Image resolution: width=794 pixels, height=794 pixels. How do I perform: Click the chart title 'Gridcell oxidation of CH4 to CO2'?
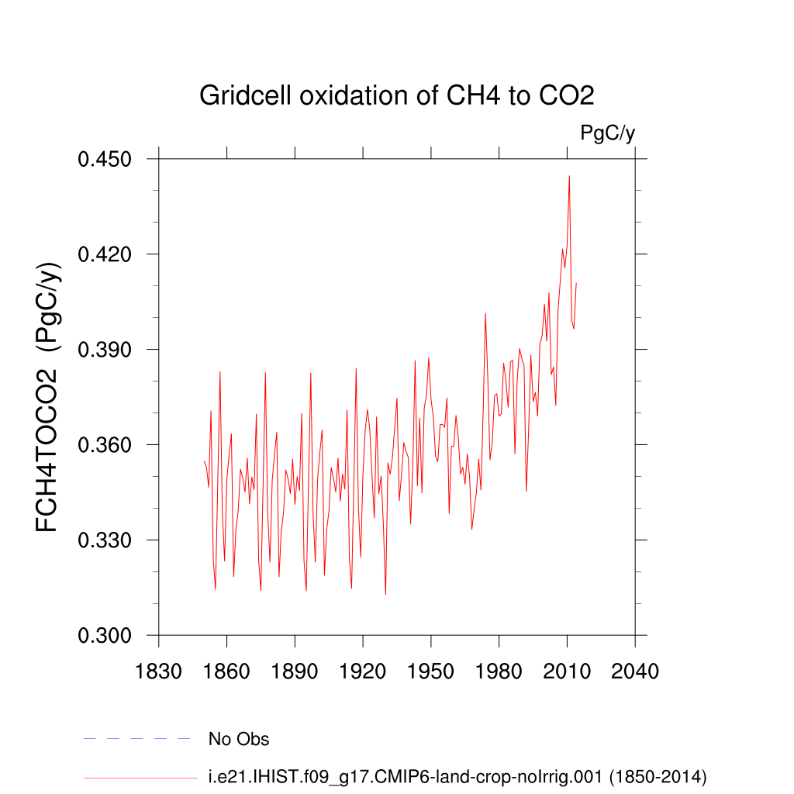pos(396,95)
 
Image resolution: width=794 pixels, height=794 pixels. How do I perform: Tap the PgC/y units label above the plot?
pos(607,133)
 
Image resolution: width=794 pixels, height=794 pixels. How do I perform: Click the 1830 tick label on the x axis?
pos(158,670)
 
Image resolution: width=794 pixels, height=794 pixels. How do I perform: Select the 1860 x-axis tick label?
pos(226,670)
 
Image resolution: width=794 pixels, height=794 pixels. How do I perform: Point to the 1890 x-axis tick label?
pos(295,670)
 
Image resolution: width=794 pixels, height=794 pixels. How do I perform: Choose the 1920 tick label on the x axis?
pos(363,670)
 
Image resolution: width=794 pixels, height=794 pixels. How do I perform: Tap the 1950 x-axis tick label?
pos(430,670)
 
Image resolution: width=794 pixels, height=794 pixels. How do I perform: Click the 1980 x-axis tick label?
pos(499,670)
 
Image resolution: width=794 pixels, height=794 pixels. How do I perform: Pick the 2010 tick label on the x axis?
pos(567,670)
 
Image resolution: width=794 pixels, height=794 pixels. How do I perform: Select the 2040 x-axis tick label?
pos(635,670)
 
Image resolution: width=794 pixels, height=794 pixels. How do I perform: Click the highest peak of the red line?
pos(569,176)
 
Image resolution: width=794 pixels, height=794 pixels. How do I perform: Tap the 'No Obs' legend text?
pos(239,739)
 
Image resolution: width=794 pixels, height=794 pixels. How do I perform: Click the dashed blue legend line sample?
pos(136,739)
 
